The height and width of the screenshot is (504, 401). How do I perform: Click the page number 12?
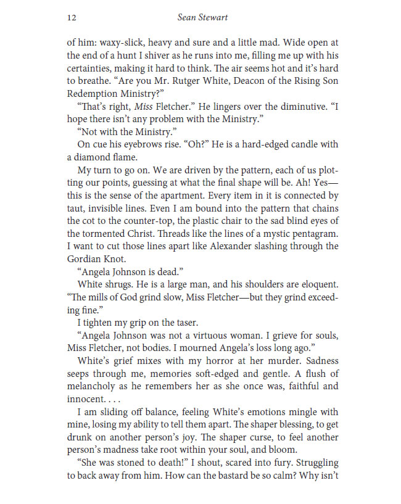(x=71, y=19)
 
